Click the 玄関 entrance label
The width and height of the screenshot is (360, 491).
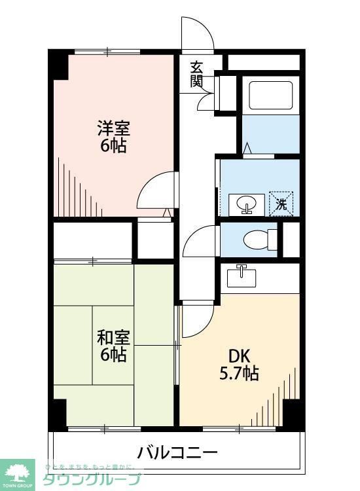click(196, 73)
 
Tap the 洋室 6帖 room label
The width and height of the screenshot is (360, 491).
click(113, 136)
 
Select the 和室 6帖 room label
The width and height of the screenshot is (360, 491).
click(113, 346)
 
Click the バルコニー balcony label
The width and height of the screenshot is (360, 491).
click(177, 452)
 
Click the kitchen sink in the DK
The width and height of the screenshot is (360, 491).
click(242, 277)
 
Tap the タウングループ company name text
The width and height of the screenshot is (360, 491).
click(92, 479)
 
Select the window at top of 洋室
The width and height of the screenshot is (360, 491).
click(107, 51)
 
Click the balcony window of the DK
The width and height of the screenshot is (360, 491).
click(239, 429)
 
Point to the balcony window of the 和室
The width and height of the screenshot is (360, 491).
click(105, 429)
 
